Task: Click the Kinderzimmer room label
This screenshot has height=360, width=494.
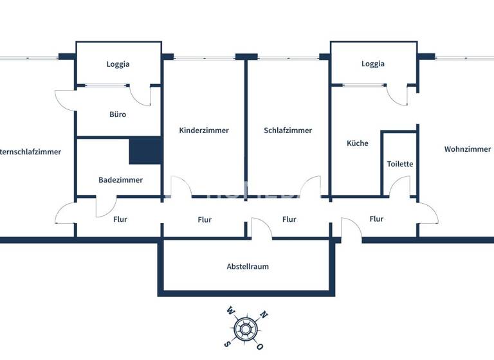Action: pos(204,130)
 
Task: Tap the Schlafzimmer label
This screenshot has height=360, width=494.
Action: pos(288,130)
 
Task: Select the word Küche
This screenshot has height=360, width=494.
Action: pos(358,143)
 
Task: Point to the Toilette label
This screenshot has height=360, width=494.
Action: pos(400,164)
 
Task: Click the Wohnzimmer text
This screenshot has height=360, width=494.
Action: pos(468,149)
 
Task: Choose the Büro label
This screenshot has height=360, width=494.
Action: pos(118,114)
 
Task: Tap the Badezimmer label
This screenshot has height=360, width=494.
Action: pos(120,180)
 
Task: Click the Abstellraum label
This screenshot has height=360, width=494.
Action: pos(248,266)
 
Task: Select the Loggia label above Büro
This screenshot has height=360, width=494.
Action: pos(118,64)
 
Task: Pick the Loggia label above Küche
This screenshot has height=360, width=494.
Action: pos(373,64)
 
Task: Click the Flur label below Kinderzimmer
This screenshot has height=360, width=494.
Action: pos(205,220)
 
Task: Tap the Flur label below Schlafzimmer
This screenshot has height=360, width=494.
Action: pos(289,219)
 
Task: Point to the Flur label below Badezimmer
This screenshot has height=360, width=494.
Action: pos(120,219)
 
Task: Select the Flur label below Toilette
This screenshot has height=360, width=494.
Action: pos(376,219)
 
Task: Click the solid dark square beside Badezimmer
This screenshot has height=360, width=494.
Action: pos(145,151)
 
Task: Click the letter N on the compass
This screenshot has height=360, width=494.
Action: pos(262,316)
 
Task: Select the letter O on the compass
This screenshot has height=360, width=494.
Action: pos(259,346)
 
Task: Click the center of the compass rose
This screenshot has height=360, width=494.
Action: pos(244,329)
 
